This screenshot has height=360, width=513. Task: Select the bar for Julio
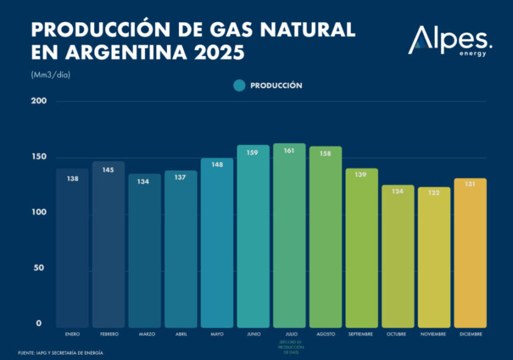(x=289, y=234)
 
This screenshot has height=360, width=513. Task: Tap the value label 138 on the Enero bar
(x=72, y=179)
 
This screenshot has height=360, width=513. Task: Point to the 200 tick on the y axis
(x=39, y=101)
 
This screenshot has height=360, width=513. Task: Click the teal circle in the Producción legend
(x=240, y=85)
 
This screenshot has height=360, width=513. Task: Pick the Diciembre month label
(x=470, y=334)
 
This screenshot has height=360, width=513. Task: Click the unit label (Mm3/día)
(x=50, y=75)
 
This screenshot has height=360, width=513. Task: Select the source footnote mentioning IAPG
(x=61, y=353)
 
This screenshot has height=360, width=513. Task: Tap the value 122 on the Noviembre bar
(x=434, y=192)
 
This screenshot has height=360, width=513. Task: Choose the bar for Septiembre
(x=361, y=247)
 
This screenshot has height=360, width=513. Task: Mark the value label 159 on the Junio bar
(x=253, y=152)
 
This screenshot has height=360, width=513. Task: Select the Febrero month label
(x=109, y=334)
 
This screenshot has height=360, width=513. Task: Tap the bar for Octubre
(x=398, y=257)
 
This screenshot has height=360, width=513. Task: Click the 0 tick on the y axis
(x=39, y=323)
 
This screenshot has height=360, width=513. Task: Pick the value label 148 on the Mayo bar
(x=217, y=164)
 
